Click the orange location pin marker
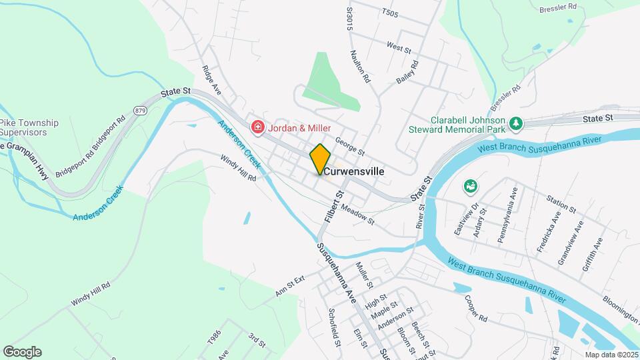320,159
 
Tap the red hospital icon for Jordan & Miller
256,127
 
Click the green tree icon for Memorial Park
515,123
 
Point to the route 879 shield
139,111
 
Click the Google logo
22,352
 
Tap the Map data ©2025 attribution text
611,354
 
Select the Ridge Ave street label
211,78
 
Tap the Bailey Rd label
407,72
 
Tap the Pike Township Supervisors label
29,127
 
